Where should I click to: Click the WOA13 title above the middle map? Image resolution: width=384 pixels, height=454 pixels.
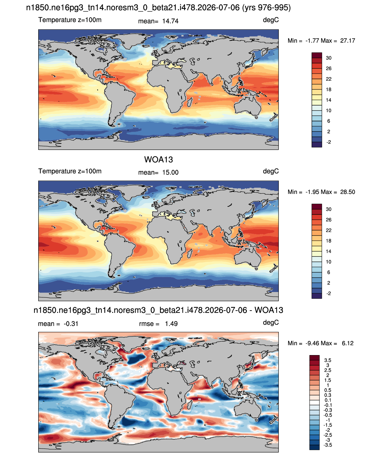(x=158, y=160)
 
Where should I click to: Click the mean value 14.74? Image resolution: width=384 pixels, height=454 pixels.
(x=170, y=21)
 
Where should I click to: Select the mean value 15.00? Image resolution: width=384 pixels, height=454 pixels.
(x=170, y=172)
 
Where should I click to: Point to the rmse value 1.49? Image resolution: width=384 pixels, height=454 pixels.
(x=171, y=324)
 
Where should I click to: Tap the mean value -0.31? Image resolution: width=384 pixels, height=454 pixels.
(x=71, y=324)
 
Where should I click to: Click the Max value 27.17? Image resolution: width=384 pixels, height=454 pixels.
(x=348, y=41)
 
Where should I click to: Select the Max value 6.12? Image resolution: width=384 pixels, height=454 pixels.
(x=348, y=343)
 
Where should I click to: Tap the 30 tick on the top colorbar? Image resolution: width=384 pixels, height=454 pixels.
(x=328, y=58)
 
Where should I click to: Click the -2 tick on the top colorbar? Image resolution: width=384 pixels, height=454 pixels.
(x=328, y=142)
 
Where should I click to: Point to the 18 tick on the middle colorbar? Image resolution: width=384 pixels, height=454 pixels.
(x=328, y=241)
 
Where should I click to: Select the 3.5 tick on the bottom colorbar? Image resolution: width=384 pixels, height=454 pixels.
(x=328, y=360)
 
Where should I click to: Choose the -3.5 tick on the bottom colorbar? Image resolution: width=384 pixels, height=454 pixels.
(x=328, y=445)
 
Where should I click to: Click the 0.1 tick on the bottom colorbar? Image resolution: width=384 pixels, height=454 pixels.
(x=328, y=400)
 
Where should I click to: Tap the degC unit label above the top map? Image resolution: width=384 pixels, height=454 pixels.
(x=271, y=20)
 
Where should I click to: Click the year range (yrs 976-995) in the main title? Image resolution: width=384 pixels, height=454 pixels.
(x=267, y=8)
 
